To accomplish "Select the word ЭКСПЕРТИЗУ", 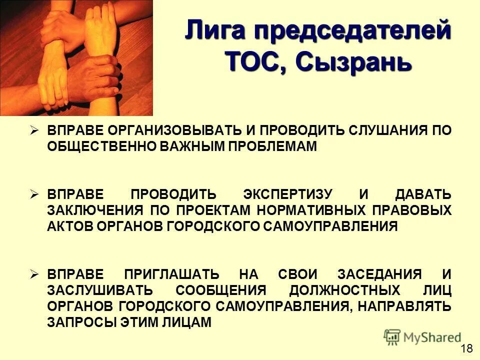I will click(x=284, y=194).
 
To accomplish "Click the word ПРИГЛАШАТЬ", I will click(x=172, y=274).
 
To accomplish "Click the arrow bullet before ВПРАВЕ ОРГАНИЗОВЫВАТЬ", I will click(x=34, y=130).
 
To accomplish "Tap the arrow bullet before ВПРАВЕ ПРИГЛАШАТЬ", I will click(x=34, y=273).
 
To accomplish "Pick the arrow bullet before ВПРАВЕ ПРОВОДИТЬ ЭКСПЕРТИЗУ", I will click(x=34, y=193).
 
